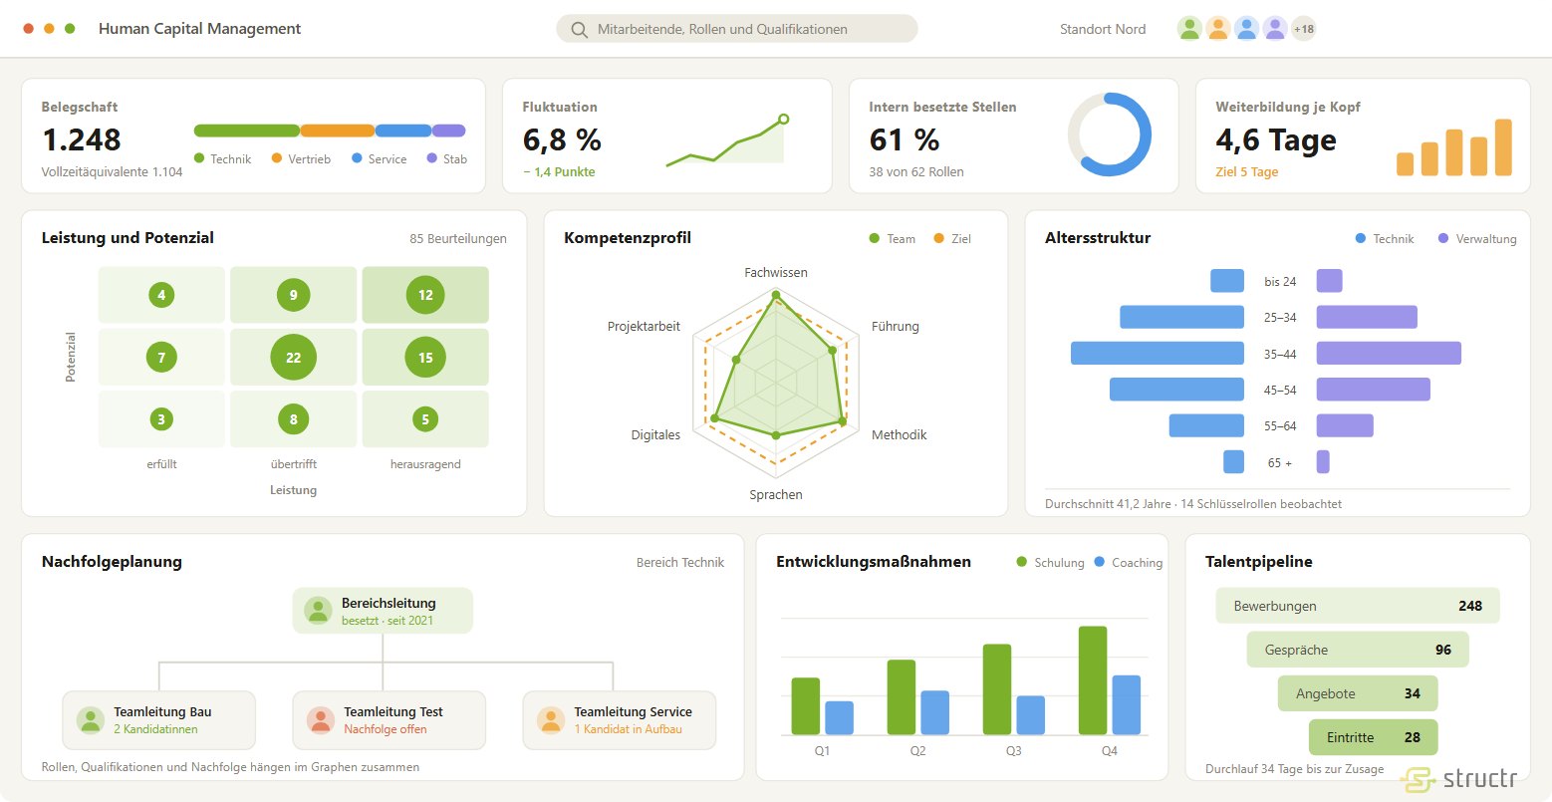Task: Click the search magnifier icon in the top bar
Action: pyautogui.click(x=579, y=29)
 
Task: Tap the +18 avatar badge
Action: pyautogui.click(x=1303, y=29)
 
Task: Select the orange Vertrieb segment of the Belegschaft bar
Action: pyautogui.click(x=338, y=131)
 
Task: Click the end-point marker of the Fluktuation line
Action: pyautogui.click(x=783, y=120)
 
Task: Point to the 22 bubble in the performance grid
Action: pyautogui.click(x=293, y=357)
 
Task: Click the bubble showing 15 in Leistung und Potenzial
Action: pyautogui.click(x=424, y=357)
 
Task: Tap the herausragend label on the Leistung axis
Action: pyautogui.click(x=424, y=463)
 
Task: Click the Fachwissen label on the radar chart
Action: pyautogui.click(x=775, y=272)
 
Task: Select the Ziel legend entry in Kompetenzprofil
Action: pyautogui.click(x=952, y=238)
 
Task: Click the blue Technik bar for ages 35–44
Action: pyautogui.click(x=1158, y=353)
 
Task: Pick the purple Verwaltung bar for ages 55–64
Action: pyautogui.click(x=1345, y=425)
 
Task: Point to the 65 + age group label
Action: pyautogui.click(x=1279, y=462)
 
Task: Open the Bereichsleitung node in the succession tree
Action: pyautogui.click(x=383, y=611)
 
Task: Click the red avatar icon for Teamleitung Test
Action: pyautogui.click(x=321, y=720)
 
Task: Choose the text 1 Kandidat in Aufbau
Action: pyautogui.click(x=628, y=729)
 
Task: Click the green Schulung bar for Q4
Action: pyautogui.click(x=1093, y=680)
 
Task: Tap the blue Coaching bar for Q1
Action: pyautogui.click(x=839, y=717)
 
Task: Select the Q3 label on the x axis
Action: pyautogui.click(x=1014, y=751)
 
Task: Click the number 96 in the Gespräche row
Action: pyautogui.click(x=1443, y=650)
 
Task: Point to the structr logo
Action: pyautogui.click(x=1459, y=778)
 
